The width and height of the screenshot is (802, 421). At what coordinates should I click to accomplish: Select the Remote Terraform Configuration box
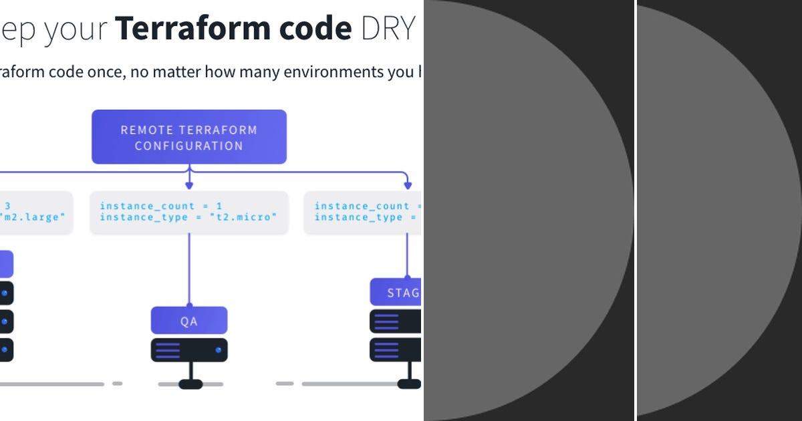pos(189,137)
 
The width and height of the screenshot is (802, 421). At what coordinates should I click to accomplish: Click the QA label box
pos(189,321)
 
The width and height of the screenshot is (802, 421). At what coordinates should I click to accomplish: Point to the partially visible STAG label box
pos(396,293)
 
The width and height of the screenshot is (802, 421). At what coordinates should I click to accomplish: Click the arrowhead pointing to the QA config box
pos(189,184)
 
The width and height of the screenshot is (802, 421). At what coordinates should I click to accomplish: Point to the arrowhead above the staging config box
pos(407,184)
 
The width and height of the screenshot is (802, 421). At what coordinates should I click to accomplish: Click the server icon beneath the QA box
pos(189,349)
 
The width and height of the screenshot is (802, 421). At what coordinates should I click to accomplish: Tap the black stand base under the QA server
pos(190,384)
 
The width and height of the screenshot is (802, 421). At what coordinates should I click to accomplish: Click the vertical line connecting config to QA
pos(189,267)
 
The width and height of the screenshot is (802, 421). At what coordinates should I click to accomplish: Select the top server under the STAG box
pos(396,321)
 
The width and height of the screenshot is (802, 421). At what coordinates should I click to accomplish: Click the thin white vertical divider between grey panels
pos(635,210)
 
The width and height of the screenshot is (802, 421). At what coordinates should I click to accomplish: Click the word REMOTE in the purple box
pos(147,130)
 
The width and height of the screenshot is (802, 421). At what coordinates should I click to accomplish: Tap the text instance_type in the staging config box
pos(358,217)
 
